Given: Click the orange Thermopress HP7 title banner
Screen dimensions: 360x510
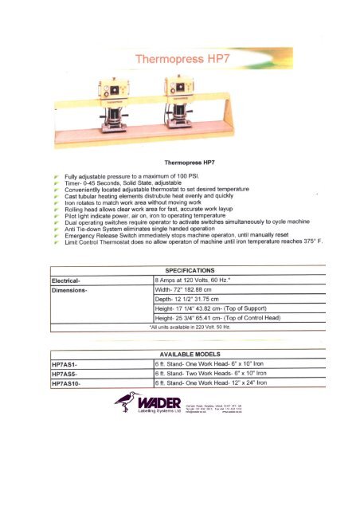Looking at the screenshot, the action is [179, 59].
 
